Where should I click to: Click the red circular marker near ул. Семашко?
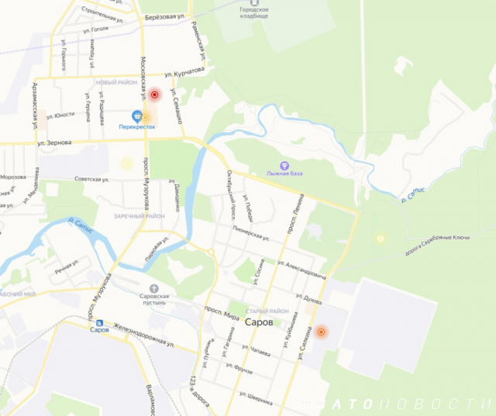(x=154, y=95)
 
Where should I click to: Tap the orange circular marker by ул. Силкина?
(x=322, y=332)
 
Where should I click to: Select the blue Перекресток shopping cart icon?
(x=136, y=114)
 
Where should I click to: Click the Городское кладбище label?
(x=254, y=14)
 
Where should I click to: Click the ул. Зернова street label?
(x=54, y=143)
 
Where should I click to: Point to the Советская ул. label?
(x=91, y=179)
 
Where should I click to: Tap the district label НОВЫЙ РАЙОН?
(x=116, y=81)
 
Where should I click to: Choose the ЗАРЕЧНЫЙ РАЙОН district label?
(x=139, y=215)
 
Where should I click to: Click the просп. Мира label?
(x=221, y=311)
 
